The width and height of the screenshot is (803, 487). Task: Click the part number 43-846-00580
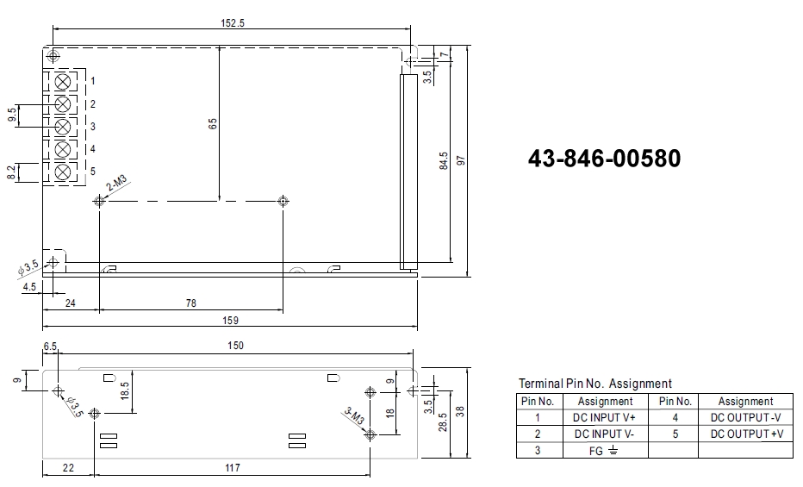point(604,159)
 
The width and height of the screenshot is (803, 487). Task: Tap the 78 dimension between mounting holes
point(190,303)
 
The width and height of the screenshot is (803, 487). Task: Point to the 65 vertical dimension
point(212,123)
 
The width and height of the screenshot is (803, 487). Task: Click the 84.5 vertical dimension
point(443,161)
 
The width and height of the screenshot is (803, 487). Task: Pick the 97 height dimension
point(461,161)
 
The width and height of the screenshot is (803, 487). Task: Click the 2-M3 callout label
point(117,184)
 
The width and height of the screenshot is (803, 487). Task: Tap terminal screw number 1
point(63,82)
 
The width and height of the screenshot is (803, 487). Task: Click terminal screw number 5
point(63,172)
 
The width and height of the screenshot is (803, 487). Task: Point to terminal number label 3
point(92,127)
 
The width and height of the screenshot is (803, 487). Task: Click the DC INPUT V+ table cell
point(605,417)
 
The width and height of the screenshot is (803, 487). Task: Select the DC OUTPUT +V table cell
point(746,434)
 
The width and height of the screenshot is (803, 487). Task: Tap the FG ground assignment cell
point(605,450)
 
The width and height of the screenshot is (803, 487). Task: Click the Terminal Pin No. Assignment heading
point(594,384)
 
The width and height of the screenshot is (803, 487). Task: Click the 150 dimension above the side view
point(235,346)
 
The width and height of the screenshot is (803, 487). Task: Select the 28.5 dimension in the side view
point(442,421)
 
